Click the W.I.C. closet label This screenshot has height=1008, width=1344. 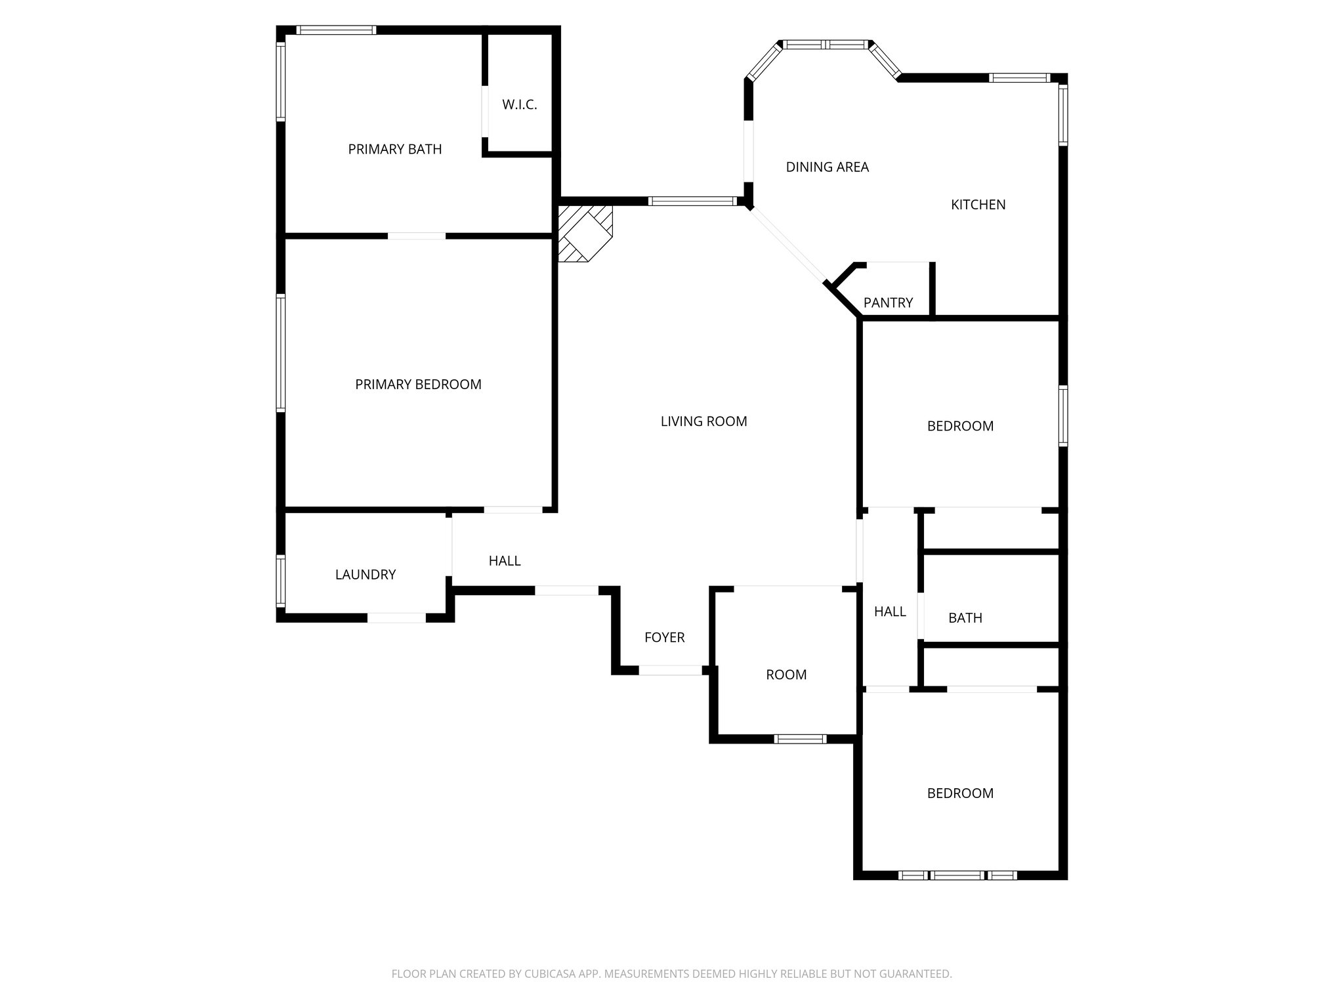pos(519,105)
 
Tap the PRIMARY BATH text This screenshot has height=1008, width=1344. pos(394,150)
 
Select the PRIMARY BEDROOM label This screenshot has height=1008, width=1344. pos(418,385)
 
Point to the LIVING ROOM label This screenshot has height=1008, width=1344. pos(703,421)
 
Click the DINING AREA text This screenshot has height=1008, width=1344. pos(827,167)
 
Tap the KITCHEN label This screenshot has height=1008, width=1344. pos(978,205)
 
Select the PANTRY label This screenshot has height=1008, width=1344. pos(888,303)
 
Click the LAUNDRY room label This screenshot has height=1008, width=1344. pos(365,575)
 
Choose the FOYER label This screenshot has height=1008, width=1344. pos(664,637)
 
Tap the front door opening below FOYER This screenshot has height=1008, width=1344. pos(670,670)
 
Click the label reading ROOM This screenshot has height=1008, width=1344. pos(786,675)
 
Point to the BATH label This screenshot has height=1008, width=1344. pos(965,618)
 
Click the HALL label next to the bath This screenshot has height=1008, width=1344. pos(890,612)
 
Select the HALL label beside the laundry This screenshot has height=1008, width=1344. pos(504,561)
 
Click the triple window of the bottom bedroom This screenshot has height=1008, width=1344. pos(957,875)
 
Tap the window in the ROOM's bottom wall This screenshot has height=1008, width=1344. pos(799,739)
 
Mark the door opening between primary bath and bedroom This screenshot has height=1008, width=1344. pos(417,236)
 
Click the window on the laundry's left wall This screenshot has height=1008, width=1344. pos(281,580)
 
